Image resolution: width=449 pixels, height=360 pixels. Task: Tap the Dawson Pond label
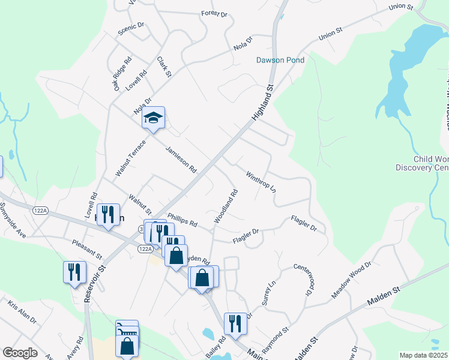[x=280, y=60]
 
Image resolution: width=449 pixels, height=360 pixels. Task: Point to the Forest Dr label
[x=214, y=13]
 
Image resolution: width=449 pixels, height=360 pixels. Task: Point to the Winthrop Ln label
[x=261, y=181]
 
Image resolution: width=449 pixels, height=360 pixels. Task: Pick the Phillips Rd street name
[x=182, y=220]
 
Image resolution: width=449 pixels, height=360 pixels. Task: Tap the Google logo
[x=20, y=353]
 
